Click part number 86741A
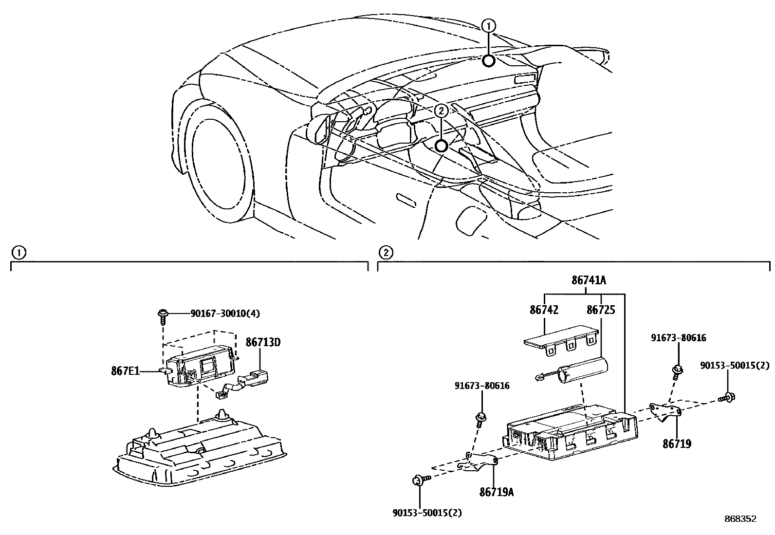point(589,280)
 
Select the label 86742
point(544,310)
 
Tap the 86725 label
point(601,310)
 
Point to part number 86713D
point(263,342)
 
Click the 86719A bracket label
point(496,492)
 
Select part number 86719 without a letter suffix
point(676,443)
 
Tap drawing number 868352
point(740,519)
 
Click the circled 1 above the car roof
point(489,25)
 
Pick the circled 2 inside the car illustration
point(441,111)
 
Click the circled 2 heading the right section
point(385,252)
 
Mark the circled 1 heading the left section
point(18,252)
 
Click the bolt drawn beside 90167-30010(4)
point(162,315)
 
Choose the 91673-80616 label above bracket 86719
point(679,337)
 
